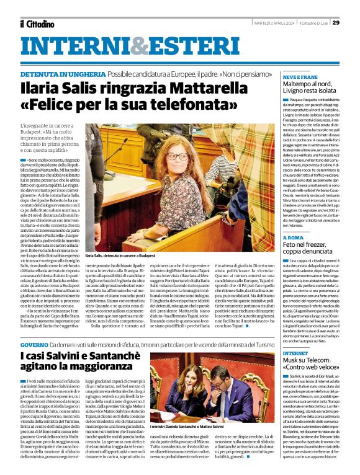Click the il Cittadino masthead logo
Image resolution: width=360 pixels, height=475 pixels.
pos(35,24)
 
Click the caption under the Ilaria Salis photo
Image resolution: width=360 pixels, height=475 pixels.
pos(120,255)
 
